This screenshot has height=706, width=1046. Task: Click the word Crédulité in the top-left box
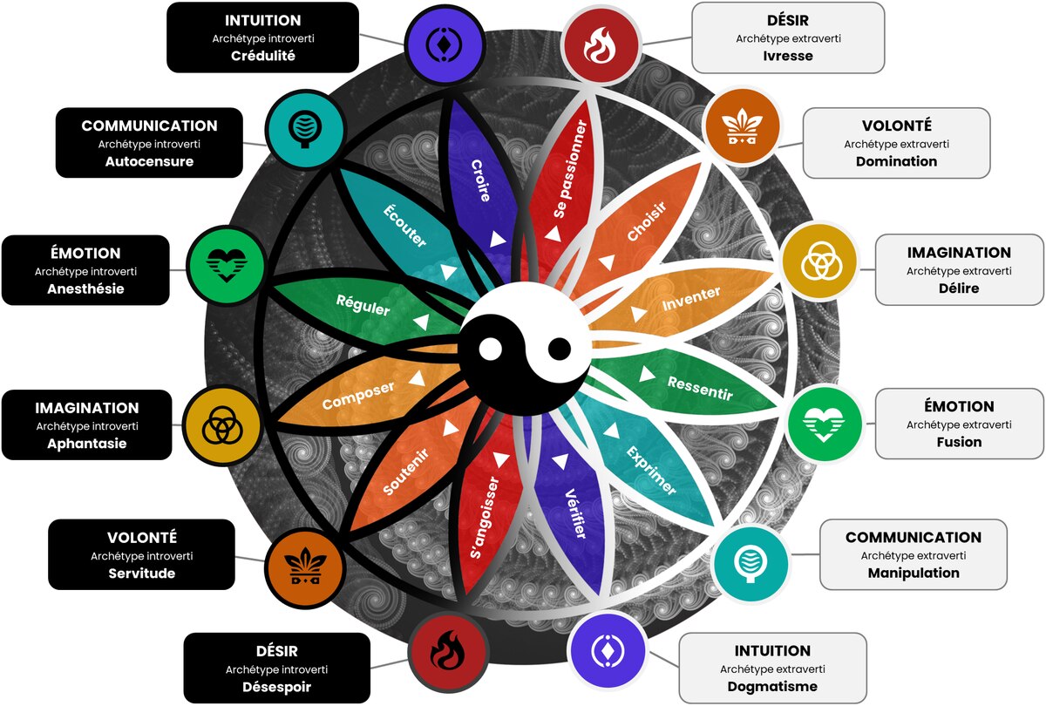(263, 56)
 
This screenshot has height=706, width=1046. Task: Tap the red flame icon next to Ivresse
(601, 45)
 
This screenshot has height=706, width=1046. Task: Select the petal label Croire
(481, 180)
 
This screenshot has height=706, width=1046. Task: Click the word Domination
(896, 161)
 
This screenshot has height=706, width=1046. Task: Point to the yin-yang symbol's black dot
(560, 349)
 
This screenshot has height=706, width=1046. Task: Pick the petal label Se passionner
(570, 168)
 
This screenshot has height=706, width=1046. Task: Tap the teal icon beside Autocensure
(305, 129)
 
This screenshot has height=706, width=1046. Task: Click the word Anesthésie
(85, 289)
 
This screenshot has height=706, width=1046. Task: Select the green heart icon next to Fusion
(824, 424)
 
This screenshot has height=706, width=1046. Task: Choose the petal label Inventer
(691, 298)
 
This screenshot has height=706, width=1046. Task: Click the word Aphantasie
(87, 443)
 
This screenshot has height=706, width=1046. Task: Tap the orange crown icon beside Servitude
(305, 568)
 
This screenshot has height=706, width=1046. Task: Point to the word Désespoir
(276, 687)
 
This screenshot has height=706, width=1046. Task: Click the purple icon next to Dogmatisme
(608, 650)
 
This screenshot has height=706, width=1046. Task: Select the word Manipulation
(914, 573)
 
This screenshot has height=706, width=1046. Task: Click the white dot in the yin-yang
(490, 350)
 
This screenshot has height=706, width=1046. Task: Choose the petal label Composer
(358, 396)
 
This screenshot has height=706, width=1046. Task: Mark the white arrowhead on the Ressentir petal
(646, 374)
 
